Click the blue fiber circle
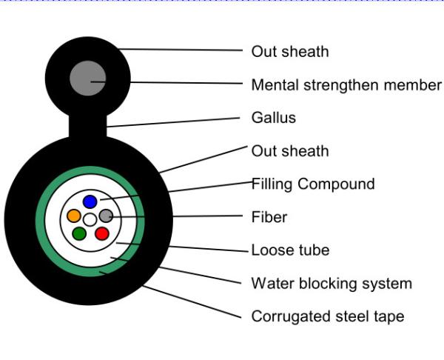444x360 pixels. (90, 201)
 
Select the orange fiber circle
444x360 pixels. (74, 216)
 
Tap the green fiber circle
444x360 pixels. (79, 233)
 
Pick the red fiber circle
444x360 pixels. (102, 233)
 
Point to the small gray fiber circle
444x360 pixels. (106, 216)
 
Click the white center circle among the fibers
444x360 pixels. (90, 220)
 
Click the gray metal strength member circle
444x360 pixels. (88, 79)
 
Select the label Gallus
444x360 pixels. (274, 118)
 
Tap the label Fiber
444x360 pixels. (269, 217)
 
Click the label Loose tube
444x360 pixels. (291, 250)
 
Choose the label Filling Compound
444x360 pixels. (313, 184)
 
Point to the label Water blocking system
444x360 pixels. (332, 284)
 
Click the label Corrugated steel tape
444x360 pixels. (328, 316)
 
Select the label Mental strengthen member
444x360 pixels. (346, 85)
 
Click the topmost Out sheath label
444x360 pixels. (290, 52)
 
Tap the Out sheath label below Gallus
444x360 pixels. (290, 151)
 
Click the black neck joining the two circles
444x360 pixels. (88, 126)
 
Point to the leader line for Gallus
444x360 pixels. (173, 122)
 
